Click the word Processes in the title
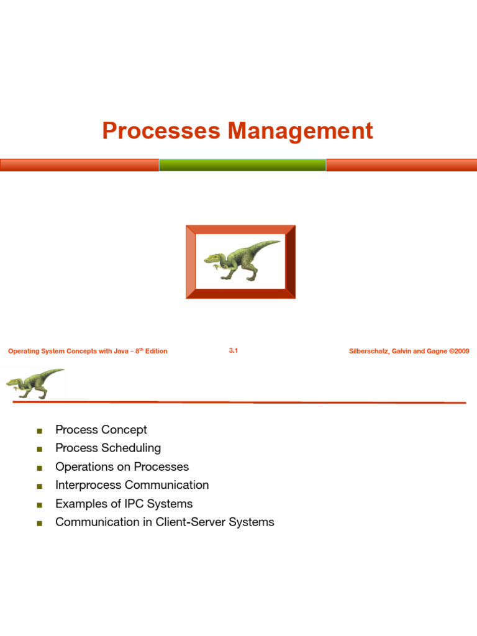tap(161, 131)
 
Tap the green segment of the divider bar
tap(242, 165)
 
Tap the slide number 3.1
tap(234, 351)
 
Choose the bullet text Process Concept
tap(101, 430)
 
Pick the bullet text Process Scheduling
tap(108, 448)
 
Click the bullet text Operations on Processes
tap(122, 466)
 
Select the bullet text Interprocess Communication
tap(132, 485)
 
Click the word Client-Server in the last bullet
tap(191, 522)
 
